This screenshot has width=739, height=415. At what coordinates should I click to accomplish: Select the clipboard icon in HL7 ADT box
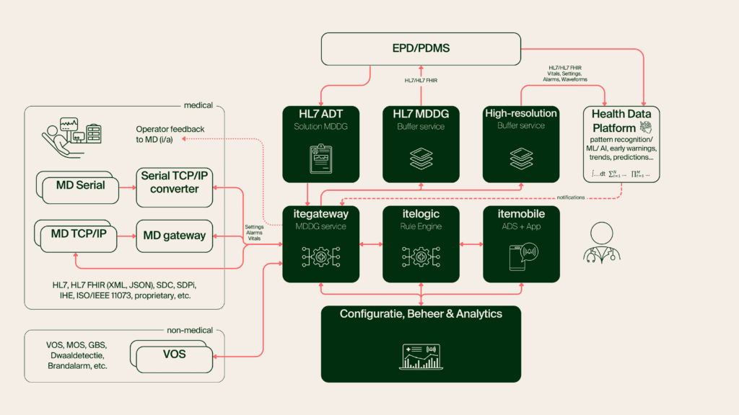[319, 158]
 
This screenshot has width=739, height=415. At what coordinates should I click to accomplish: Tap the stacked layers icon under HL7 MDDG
[421, 158]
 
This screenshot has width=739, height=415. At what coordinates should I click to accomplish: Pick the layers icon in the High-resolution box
[521, 158]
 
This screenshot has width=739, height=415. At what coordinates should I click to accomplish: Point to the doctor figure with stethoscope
[603, 244]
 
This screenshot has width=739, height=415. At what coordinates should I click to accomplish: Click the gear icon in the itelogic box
[421, 256]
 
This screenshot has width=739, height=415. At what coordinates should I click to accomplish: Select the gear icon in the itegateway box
[319, 256]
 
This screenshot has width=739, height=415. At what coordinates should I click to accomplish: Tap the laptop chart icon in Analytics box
[421, 356]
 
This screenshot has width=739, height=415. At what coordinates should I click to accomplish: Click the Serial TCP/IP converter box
[175, 183]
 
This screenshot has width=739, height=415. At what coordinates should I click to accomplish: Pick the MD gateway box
[175, 236]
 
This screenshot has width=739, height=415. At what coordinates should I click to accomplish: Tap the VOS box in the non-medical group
[173, 354]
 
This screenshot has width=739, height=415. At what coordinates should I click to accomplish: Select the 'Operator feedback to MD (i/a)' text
[170, 134]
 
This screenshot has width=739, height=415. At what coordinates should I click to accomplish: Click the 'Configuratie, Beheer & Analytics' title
[421, 314]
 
